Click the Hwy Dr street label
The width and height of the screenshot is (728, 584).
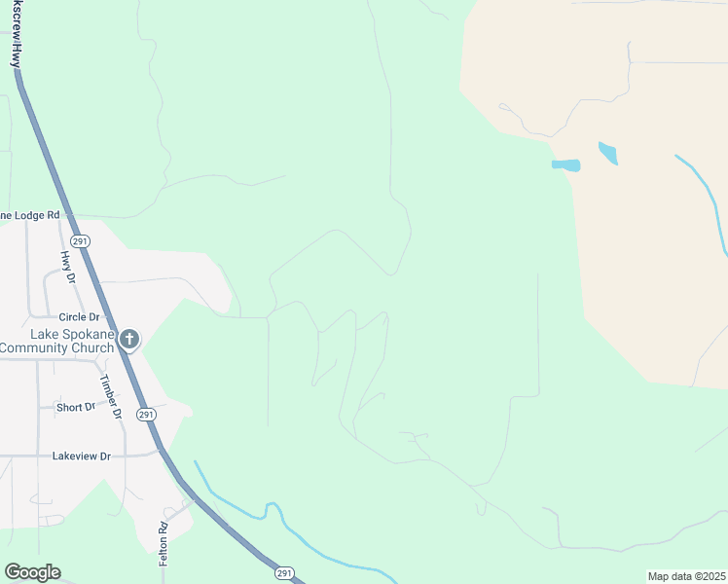[68, 266]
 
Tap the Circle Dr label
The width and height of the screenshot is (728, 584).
[80, 317]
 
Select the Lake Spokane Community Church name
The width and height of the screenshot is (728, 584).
[56, 341]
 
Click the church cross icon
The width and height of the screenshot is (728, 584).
[128, 340]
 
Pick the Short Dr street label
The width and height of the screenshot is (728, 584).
[76, 407]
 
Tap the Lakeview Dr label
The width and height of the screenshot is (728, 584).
[82, 456]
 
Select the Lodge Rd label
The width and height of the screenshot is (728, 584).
[31, 215]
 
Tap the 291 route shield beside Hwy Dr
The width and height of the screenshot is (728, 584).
[80, 240]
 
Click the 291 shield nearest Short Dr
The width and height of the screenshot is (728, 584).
[145, 415]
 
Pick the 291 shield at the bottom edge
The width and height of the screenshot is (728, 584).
[282, 573]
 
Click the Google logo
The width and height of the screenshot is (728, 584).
[32, 572]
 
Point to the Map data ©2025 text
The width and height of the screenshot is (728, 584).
[685, 576]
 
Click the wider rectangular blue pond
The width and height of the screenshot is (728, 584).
[565, 165]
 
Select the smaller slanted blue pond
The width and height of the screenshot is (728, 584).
[607, 153]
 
